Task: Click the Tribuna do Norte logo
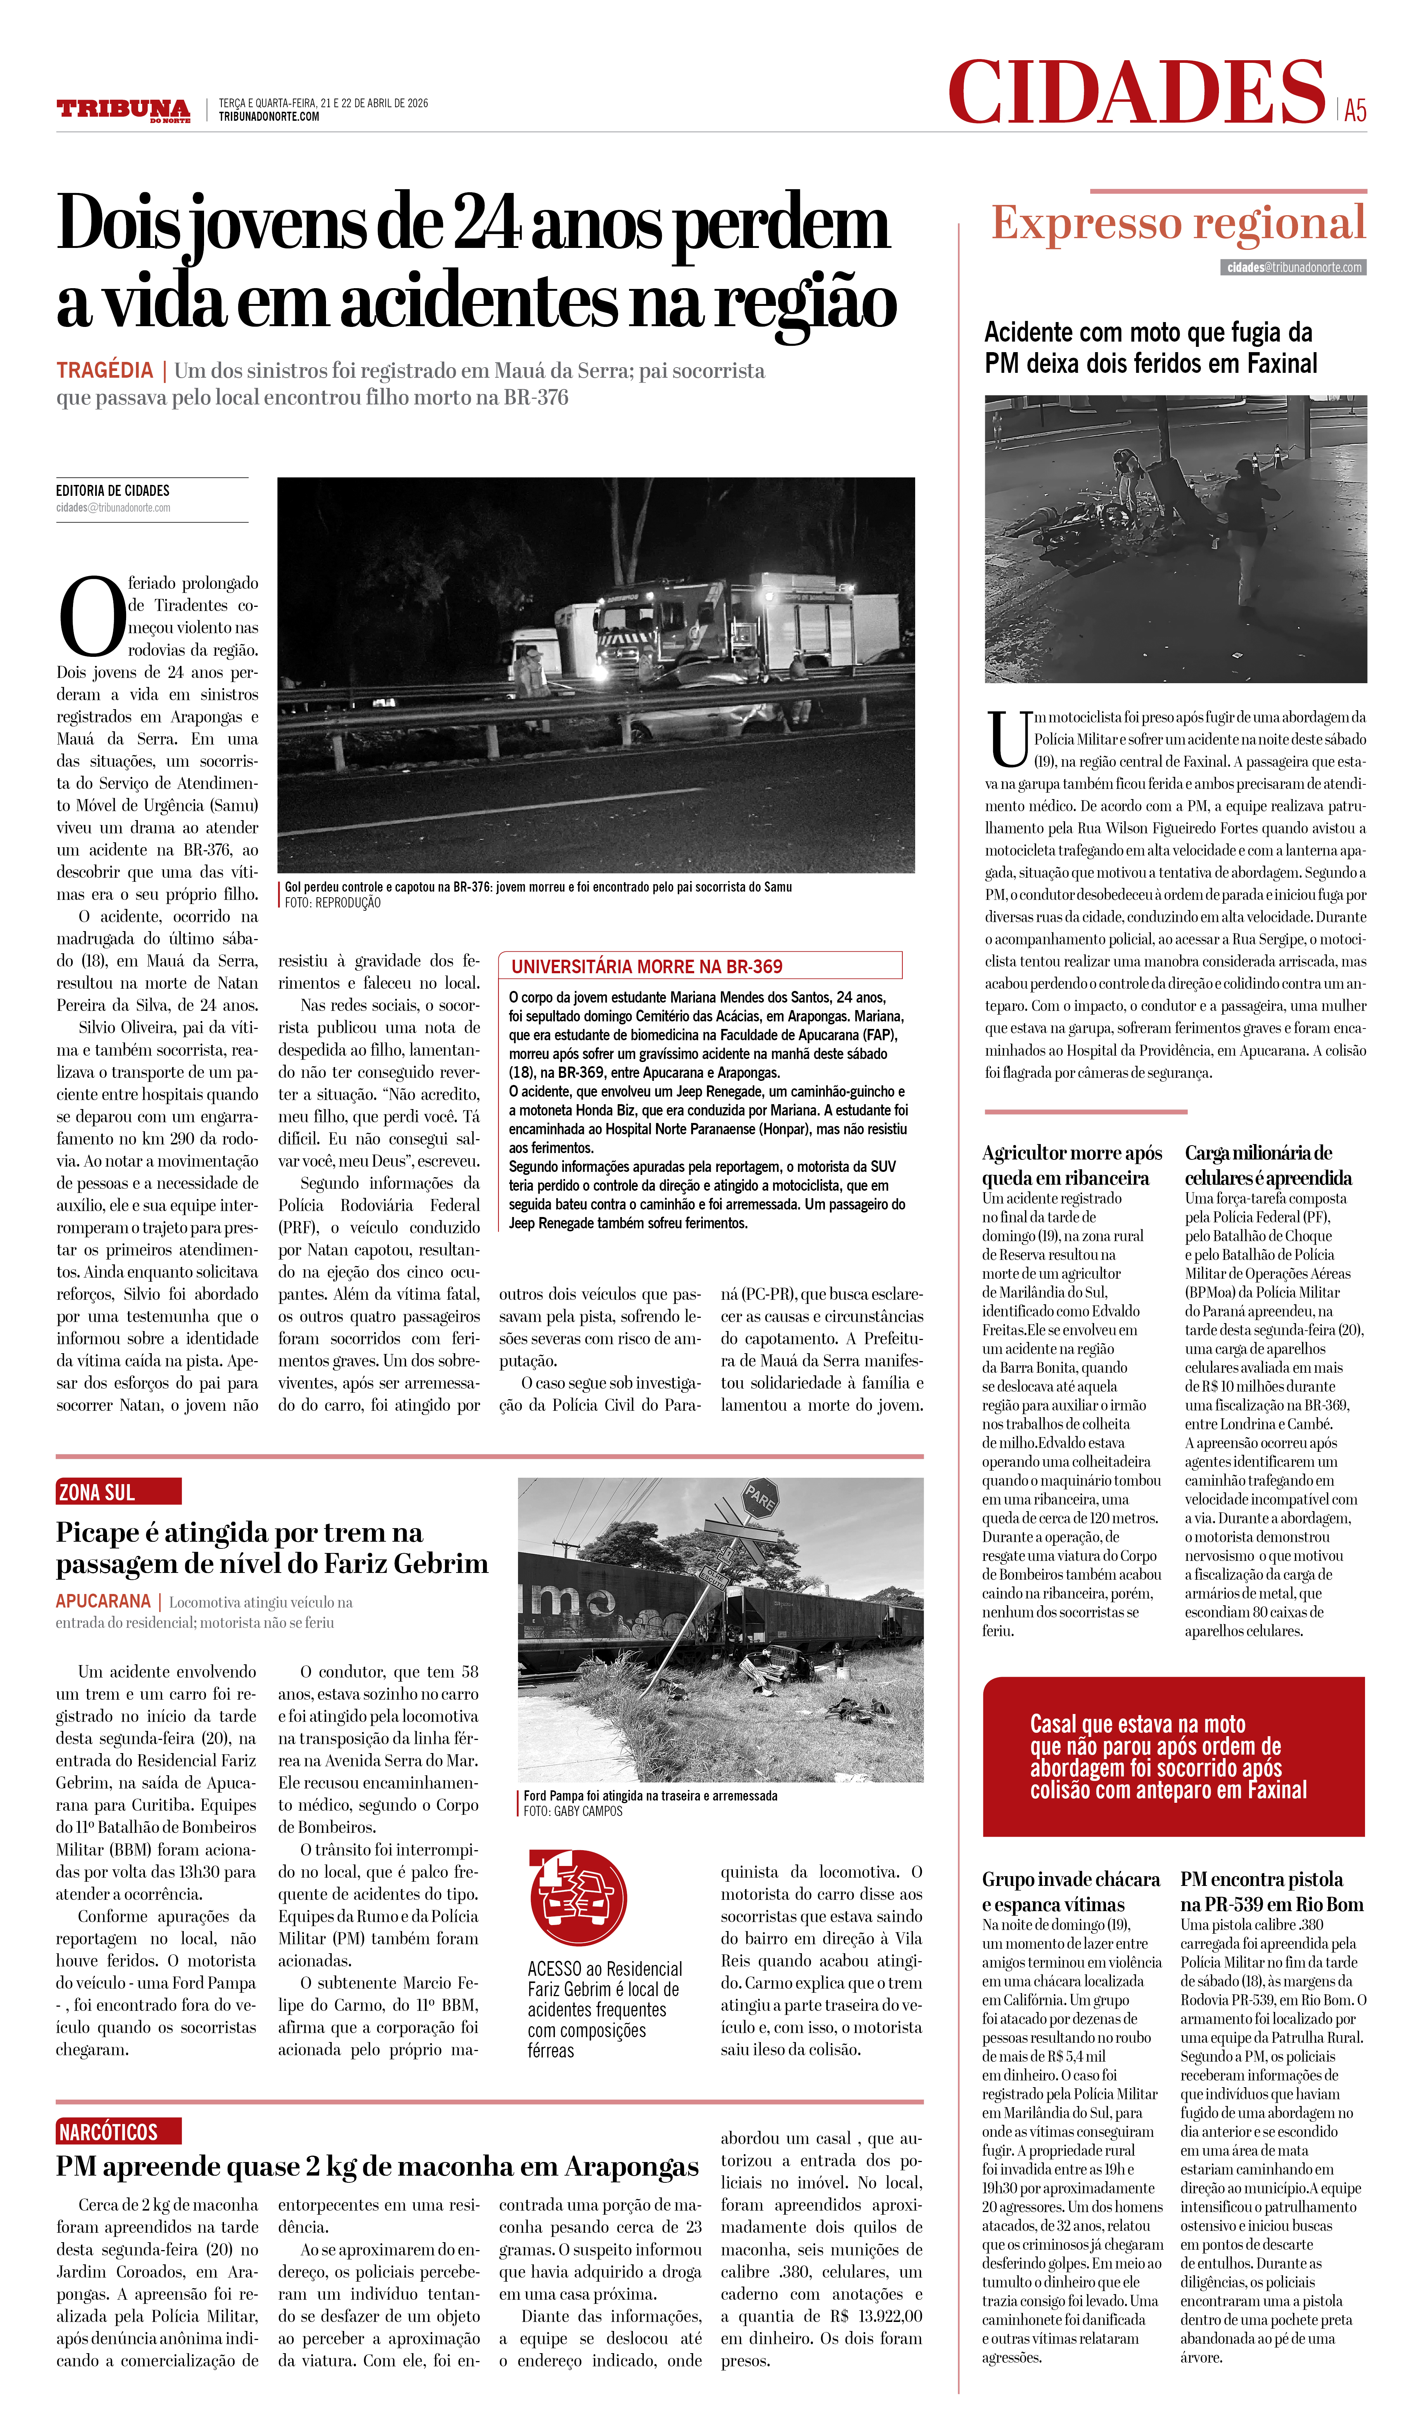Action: (123, 109)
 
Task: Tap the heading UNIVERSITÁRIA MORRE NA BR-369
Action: (647, 966)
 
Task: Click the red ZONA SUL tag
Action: (117, 1492)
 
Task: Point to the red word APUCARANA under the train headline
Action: (103, 1601)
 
